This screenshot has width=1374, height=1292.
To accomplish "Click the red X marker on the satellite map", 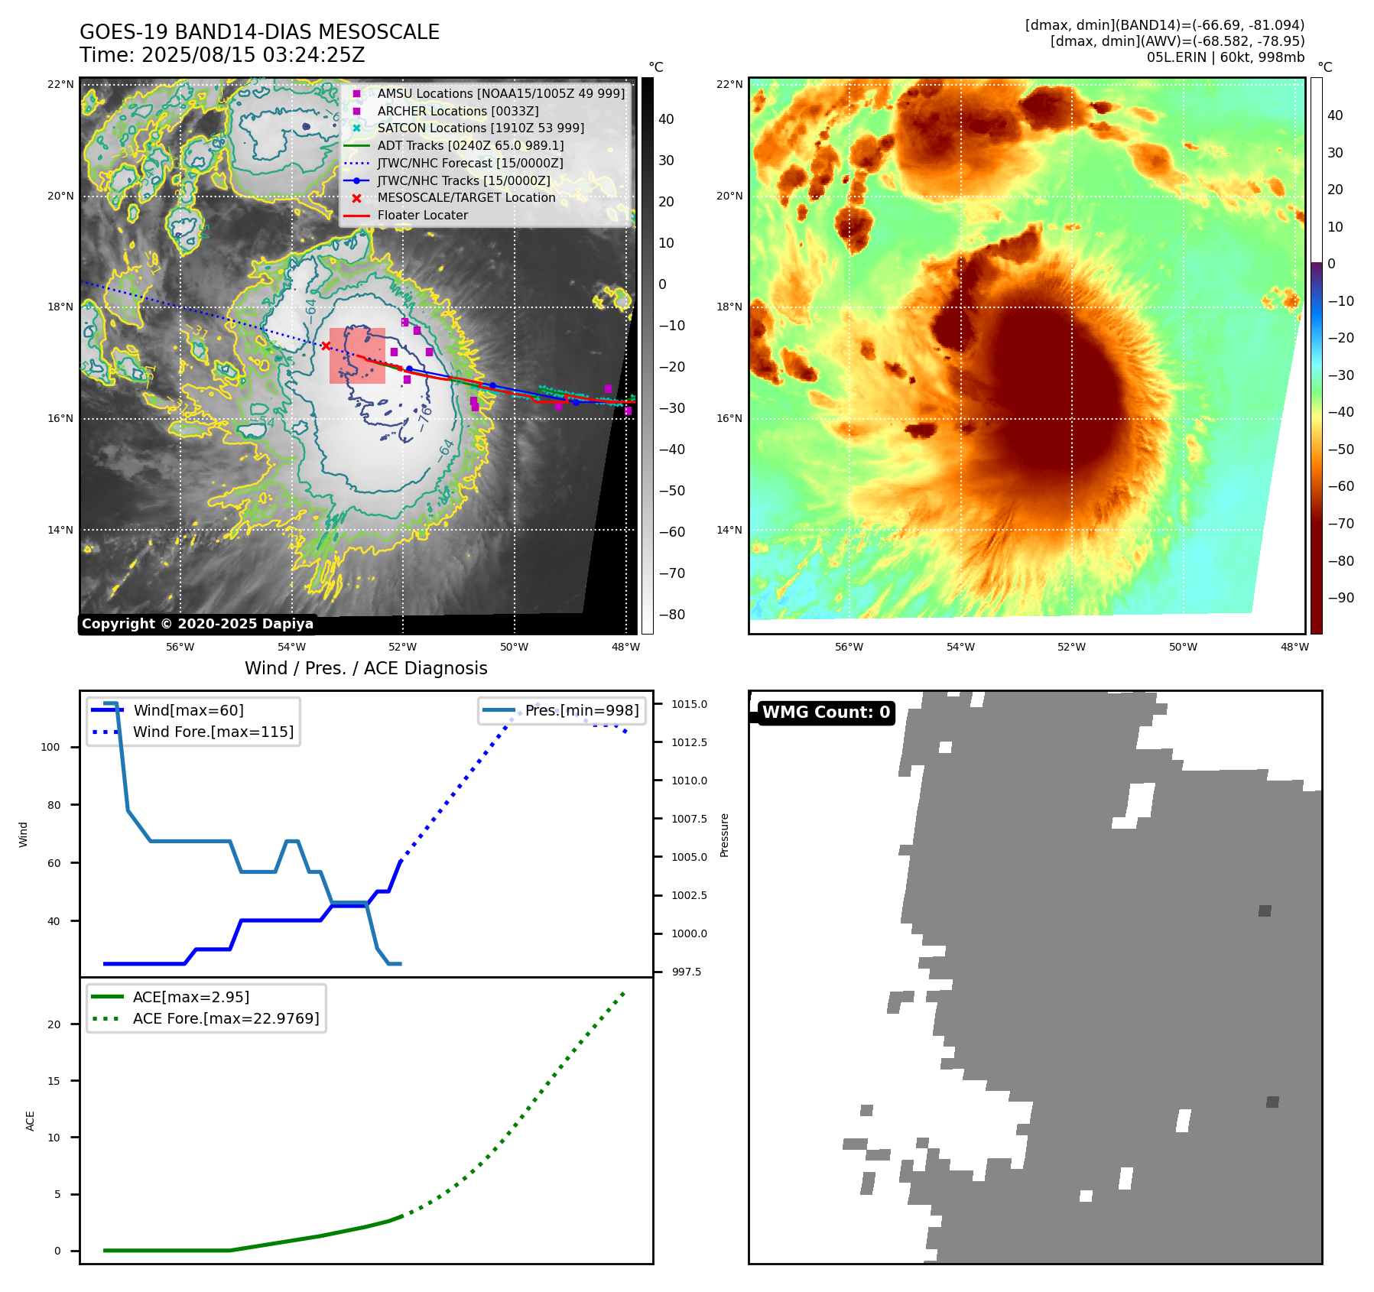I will point(326,346).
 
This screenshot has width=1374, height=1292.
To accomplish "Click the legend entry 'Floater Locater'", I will point(422,216).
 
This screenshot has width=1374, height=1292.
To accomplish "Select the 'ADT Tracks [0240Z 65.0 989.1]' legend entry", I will point(470,145).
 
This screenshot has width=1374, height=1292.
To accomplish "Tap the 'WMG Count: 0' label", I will point(826,713).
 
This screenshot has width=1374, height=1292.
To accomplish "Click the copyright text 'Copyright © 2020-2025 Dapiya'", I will point(197,624).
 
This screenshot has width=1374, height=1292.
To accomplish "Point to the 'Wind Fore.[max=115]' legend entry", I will point(213,732).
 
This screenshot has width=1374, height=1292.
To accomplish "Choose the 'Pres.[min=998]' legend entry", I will point(581,710).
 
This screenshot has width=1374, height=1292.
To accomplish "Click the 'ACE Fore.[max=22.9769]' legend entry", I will point(226,1018).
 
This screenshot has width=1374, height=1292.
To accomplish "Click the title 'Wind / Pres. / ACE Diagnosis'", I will point(365,668).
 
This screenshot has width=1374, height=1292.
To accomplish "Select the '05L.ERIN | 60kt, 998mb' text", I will point(1225,57).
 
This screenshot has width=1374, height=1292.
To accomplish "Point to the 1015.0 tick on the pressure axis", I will point(689,704).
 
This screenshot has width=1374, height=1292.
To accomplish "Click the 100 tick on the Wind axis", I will point(50,747).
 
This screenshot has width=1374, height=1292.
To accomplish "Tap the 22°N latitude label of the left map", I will point(60,84).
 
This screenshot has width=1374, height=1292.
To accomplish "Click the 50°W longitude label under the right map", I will point(1183,647).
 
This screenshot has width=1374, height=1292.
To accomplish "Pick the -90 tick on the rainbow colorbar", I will point(1340,598).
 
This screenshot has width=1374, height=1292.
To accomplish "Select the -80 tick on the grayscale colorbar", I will point(671,615).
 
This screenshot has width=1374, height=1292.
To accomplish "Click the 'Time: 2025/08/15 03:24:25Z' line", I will point(222,55).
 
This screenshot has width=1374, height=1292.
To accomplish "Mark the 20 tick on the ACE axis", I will point(54,1024).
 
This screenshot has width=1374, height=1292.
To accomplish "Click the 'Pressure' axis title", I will point(724,835).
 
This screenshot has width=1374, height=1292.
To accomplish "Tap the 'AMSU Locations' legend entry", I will point(501,93).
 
